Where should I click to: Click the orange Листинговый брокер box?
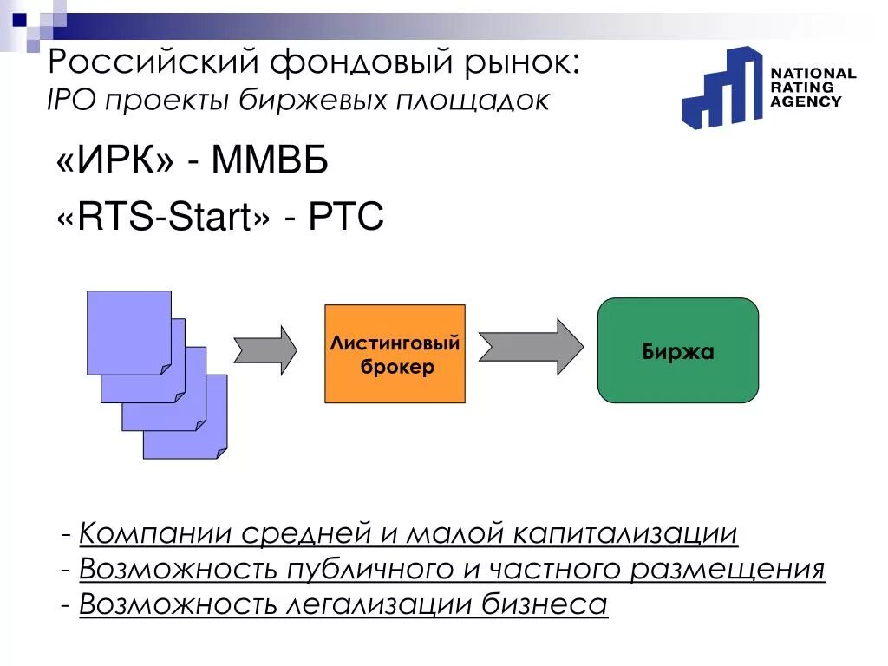pos(395,353)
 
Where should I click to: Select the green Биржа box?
pos(678,350)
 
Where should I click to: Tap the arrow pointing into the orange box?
pos(265,350)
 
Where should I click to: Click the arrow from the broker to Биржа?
pos(531,347)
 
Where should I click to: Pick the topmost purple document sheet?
pos(128,331)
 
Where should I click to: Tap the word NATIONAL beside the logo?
pos(813,74)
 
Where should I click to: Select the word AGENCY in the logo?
pos(806,101)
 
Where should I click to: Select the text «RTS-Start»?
pos(163,217)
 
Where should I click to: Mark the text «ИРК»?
pos(116,162)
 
